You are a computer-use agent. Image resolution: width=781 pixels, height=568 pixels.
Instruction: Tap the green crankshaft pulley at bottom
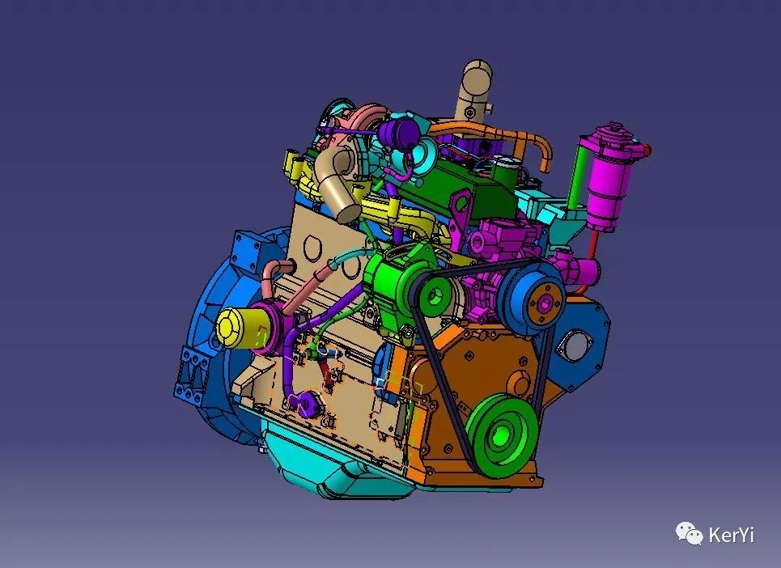tap(503, 434)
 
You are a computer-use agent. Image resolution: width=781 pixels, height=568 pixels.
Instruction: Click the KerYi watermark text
tap(731, 535)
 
